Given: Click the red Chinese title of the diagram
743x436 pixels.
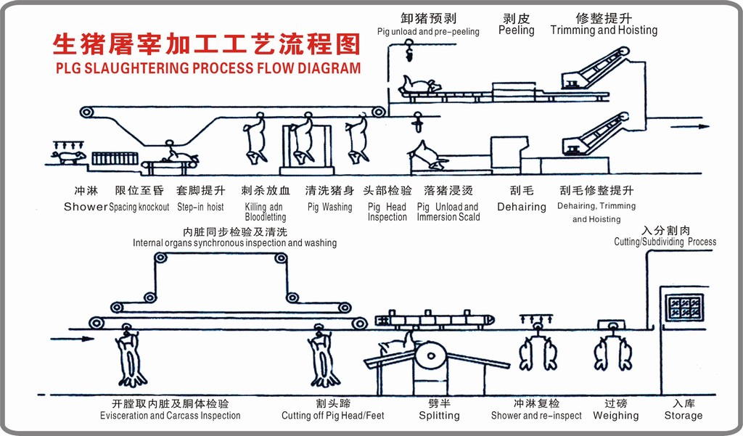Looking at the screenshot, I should (x=207, y=45).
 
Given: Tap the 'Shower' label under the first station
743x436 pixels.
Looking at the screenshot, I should (x=86, y=207).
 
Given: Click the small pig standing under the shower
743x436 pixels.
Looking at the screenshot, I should (x=69, y=156).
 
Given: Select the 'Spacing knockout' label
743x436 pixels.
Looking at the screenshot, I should (x=139, y=207).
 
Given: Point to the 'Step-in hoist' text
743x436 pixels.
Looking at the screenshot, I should (x=200, y=207).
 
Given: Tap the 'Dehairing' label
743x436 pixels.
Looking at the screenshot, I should (x=521, y=207).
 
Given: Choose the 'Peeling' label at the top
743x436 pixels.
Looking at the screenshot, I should (x=516, y=30).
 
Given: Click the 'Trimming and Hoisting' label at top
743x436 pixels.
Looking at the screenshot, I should (x=604, y=30).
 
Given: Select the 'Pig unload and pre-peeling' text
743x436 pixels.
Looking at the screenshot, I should (x=428, y=32).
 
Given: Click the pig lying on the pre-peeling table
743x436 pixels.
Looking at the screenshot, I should (x=419, y=86).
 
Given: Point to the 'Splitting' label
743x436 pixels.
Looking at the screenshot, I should (x=439, y=416).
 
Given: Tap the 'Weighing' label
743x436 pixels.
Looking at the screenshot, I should (x=615, y=416).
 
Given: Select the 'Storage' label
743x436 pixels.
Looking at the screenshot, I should (x=683, y=416).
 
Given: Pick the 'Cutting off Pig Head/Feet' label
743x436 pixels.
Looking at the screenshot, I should (x=333, y=416).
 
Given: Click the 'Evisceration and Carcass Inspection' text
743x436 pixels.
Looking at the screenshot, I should (x=171, y=416).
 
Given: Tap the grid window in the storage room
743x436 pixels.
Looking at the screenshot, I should (x=684, y=308).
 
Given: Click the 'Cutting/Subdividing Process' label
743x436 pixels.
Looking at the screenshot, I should (x=665, y=242).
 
